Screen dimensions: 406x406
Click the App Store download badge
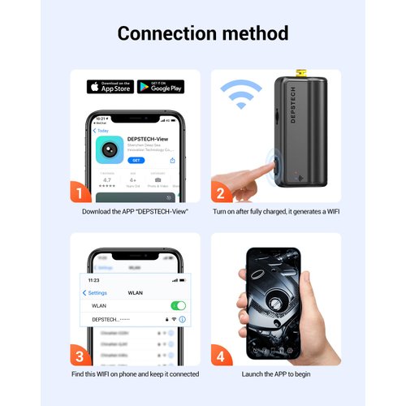[110, 86]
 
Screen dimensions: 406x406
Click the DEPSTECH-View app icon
[110, 149]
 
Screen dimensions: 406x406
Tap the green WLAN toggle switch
[178, 306]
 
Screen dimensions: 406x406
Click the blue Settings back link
[96, 292]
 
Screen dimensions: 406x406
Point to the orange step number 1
[77, 192]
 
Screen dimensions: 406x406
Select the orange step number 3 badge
[77, 355]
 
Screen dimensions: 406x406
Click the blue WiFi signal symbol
[243, 97]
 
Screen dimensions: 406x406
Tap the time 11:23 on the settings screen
[95, 279]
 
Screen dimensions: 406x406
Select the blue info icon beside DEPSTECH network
[182, 320]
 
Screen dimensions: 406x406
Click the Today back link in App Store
[101, 130]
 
